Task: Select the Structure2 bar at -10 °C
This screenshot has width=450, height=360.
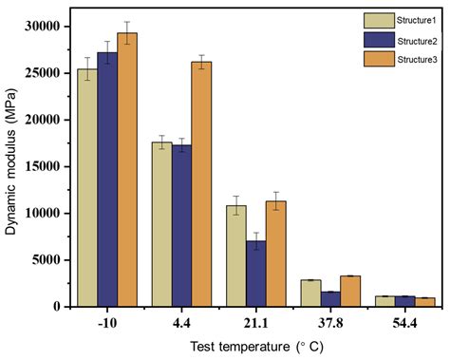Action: (107, 180)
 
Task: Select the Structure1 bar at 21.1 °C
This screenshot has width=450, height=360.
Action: (234, 256)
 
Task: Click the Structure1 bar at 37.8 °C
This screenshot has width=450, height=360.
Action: (309, 293)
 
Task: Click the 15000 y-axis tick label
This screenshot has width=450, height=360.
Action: (47, 166)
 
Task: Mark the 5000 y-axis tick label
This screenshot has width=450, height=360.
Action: (51, 259)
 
